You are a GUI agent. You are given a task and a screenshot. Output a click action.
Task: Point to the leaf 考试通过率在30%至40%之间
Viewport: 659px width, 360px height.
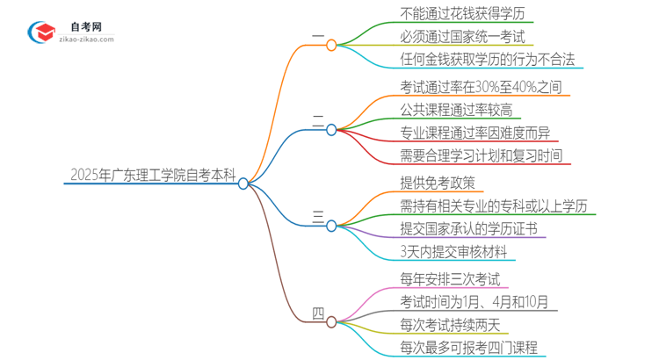pos(467,88)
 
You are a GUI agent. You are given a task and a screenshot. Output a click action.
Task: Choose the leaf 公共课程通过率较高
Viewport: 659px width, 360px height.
pos(443,111)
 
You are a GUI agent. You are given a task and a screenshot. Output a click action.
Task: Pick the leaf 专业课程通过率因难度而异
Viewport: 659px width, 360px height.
pos(462,133)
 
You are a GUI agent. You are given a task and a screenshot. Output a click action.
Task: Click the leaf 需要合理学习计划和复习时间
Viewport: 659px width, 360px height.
pos(467,156)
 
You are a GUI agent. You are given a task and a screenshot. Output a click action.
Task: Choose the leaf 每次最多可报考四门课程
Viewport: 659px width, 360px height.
pos(456,349)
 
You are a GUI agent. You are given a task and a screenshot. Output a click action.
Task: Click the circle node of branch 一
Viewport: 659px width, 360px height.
pos(331,45)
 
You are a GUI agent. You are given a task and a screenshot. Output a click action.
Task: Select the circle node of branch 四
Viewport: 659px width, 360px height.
pos(331,322)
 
